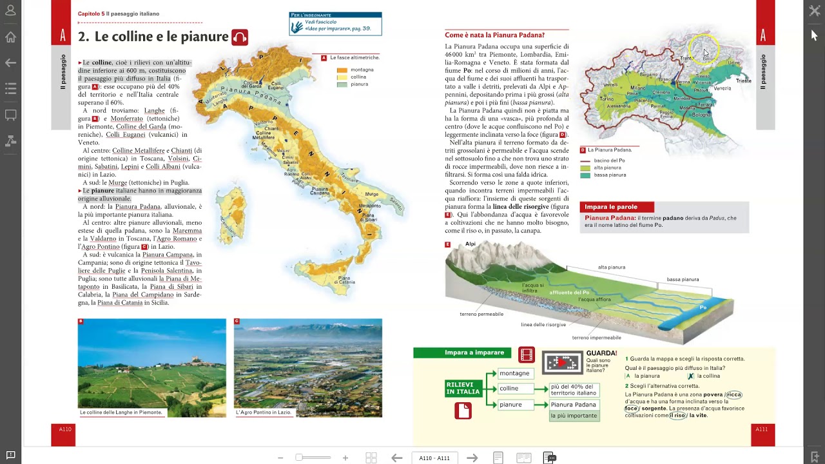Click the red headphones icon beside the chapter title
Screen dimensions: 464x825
(240, 37)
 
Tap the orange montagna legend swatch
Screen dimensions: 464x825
(342, 70)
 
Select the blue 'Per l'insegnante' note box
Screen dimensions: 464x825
(335, 24)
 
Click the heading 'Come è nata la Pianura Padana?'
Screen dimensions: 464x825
(494, 35)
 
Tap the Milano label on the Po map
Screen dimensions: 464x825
(637, 88)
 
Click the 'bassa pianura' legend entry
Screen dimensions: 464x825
(609, 175)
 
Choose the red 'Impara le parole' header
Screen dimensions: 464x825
(617, 207)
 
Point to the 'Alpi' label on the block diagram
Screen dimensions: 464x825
(470, 244)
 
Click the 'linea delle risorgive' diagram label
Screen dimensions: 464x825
(543, 325)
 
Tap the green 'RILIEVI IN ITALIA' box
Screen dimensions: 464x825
(463, 388)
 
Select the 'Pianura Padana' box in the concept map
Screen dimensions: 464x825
(573, 405)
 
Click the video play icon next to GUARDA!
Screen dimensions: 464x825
(561, 363)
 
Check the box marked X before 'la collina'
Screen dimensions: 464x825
(690, 376)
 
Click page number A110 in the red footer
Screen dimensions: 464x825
(65, 429)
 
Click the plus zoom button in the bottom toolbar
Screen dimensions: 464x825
(345, 458)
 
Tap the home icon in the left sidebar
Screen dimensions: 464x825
(10, 37)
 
